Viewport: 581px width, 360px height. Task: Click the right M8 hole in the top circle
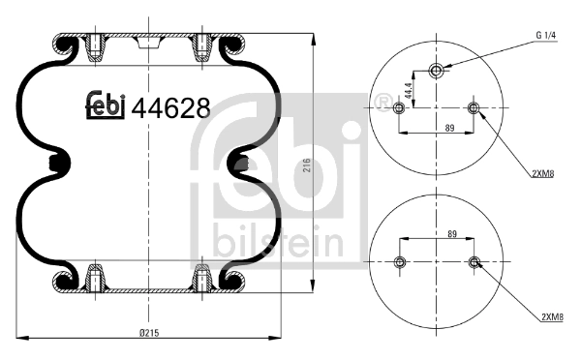click(x=474, y=107)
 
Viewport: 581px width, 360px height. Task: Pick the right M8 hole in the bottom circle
click(x=474, y=262)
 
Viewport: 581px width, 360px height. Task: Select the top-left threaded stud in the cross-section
click(x=95, y=46)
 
